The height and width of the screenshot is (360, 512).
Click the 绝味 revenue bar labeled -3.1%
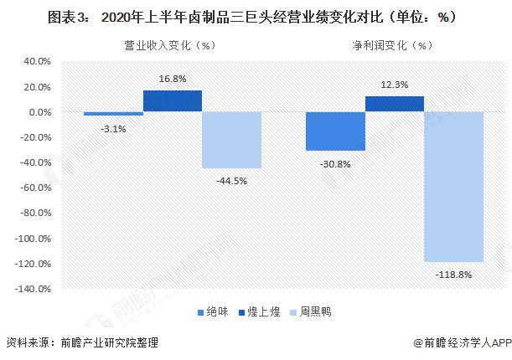click(113, 113)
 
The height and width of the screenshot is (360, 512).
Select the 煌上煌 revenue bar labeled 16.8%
click(173, 100)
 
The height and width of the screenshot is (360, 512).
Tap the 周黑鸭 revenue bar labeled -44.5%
click(232, 140)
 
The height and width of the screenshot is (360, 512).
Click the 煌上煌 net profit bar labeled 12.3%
click(395, 104)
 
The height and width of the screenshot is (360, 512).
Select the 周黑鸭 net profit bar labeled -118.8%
click(454, 187)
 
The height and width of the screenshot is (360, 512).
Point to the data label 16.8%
click(173, 80)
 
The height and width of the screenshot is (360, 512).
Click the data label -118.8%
click(454, 275)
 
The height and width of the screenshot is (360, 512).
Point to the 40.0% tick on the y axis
click(37, 61)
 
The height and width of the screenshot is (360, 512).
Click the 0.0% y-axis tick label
click(39, 112)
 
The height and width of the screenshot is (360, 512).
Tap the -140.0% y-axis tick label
click(34, 289)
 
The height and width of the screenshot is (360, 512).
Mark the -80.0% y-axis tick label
click(35, 213)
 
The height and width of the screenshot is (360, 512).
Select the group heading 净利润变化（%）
click(389, 46)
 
